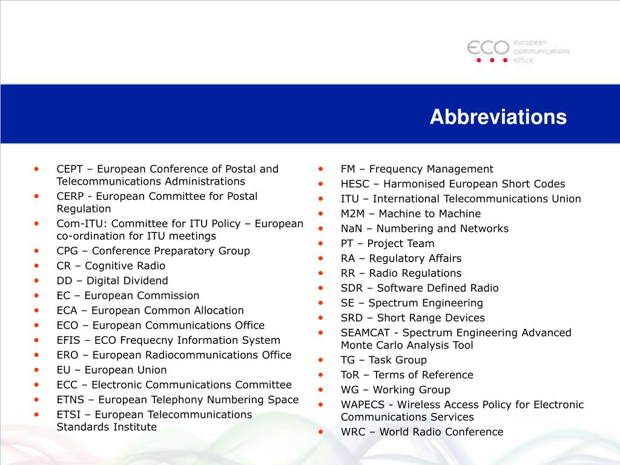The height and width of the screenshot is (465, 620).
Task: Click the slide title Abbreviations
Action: pyautogui.click(x=498, y=117)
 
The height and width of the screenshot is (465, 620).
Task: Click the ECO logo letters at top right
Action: pyautogui.click(x=488, y=48)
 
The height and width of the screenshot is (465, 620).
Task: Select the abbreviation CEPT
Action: pyautogui.click(x=71, y=169)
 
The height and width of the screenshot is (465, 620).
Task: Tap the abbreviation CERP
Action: pyautogui.click(x=71, y=196)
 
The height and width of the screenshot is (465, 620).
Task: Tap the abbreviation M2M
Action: pyautogui.click(x=352, y=214)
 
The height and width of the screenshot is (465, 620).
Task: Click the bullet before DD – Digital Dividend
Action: pyautogui.click(x=38, y=280)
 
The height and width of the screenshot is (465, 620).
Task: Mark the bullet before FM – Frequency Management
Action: pyautogui.click(x=322, y=169)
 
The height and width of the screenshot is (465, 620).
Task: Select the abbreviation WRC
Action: pyautogui.click(x=353, y=432)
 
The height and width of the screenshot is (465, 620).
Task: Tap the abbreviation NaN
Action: pyautogui.click(x=351, y=229)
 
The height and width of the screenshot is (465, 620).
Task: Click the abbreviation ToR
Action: pyautogui.click(x=351, y=375)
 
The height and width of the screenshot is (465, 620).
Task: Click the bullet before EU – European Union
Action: pyautogui.click(x=38, y=369)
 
